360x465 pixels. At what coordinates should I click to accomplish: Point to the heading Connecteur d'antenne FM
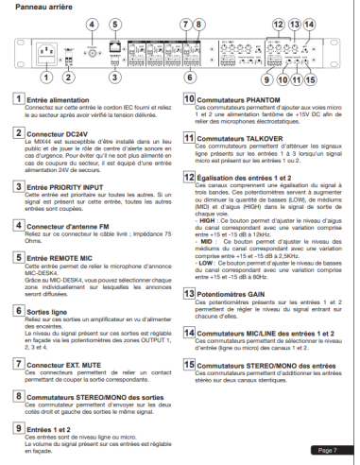click(73, 227)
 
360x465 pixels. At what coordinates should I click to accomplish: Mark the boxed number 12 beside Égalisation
click(188, 180)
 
